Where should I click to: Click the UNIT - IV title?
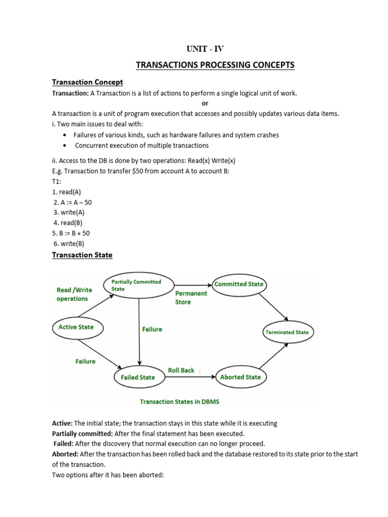(x=205, y=49)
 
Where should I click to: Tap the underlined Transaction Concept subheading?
(x=87, y=82)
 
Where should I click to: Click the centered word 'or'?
(x=205, y=104)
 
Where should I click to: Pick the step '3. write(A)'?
(x=70, y=213)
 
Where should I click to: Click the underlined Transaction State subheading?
(x=82, y=255)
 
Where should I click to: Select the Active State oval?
(x=76, y=327)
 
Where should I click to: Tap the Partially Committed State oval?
(x=138, y=285)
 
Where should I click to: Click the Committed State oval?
(x=239, y=284)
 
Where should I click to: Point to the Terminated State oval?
(x=287, y=332)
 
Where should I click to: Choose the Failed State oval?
(x=138, y=377)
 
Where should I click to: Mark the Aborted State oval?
(x=240, y=377)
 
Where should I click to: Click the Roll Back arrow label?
(x=181, y=370)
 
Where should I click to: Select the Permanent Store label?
(x=191, y=297)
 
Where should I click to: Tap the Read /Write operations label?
(x=74, y=294)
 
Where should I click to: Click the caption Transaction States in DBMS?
(x=179, y=402)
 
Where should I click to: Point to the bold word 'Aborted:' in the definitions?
(x=65, y=454)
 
